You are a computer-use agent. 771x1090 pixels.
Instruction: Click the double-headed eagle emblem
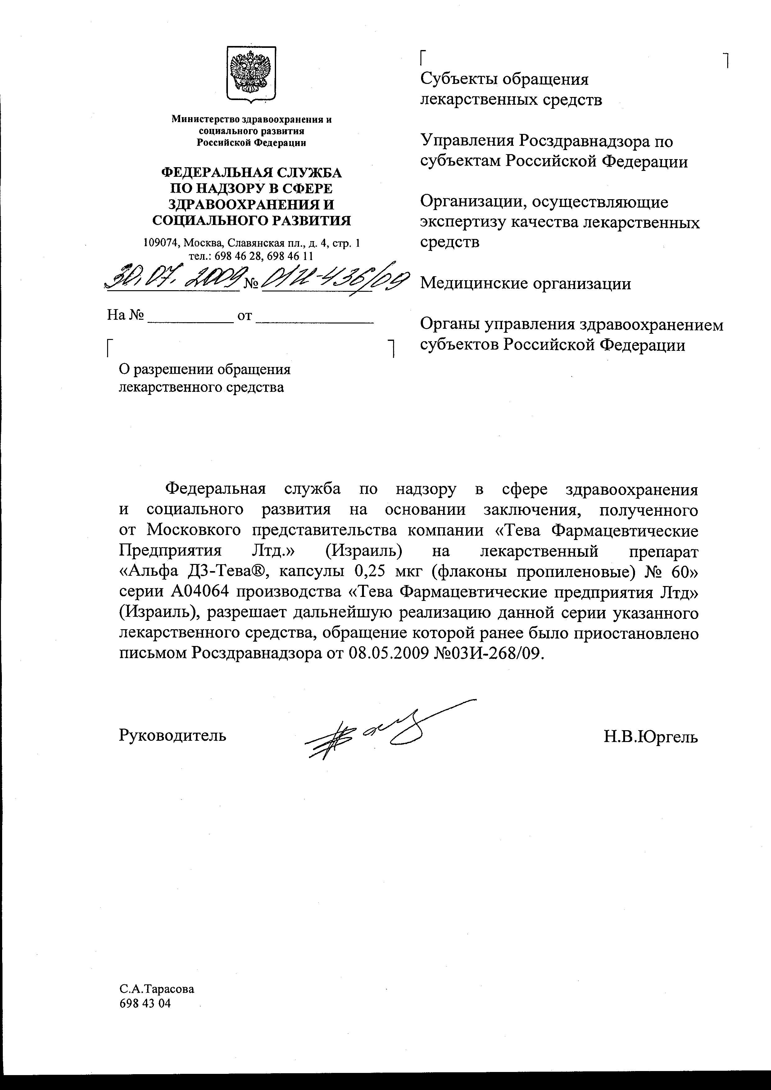251,73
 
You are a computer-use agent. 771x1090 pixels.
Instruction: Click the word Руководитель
172,735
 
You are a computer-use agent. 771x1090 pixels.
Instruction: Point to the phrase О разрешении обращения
204,369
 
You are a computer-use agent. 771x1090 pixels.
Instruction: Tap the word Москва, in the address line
204,243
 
